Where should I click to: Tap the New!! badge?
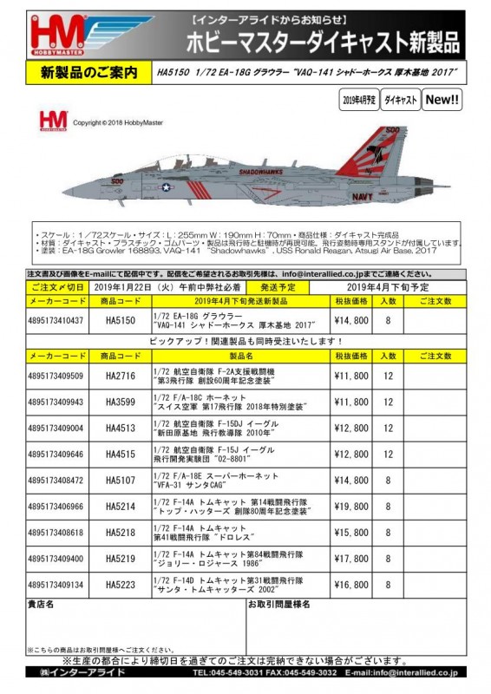point(442,101)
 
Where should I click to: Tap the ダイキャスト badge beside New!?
point(400,101)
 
